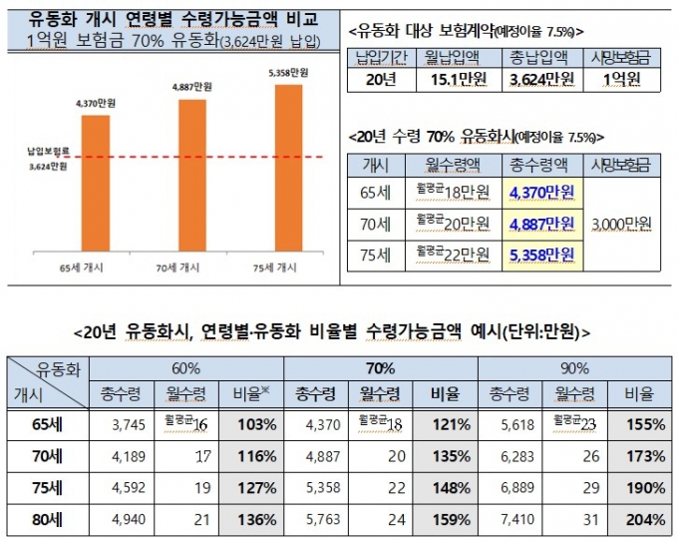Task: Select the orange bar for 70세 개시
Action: [x=192, y=170]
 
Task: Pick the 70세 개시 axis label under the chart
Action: [x=192, y=267]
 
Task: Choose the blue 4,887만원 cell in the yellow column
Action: [x=541, y=222]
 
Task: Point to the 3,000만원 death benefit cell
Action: [x=620, y=222]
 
